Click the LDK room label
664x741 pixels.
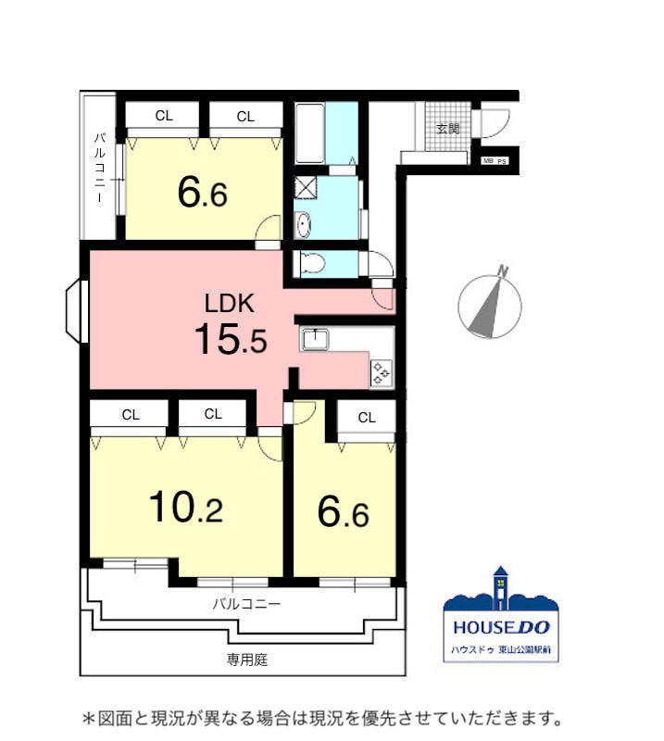pyautogui.click(x=230, y=304)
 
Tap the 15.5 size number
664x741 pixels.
pyautogui.click(x=231, y=338)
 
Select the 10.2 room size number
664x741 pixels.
pyautogui.click(x=186, y=507)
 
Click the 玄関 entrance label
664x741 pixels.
pyautogui.click(x=447, y=128)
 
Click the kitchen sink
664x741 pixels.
pyautogui.click(x=316, y=339)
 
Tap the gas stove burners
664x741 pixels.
pyautogui.click(x=381, y=373)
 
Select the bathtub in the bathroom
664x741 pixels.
pyautogui.click(x=309, y=132)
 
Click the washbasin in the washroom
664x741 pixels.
pyautogui.click(x=303, y=225)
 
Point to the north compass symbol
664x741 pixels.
pyautogui.click(x=490, y=304)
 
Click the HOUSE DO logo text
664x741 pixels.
pyautogui.click(x=501, y=627)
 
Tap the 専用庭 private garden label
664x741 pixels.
pyautogui.click(x=247, y=659)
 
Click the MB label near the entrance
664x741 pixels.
pyautogui.click(x=488, y=160)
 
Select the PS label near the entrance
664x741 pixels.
pyautogui.click(x=501, y=161)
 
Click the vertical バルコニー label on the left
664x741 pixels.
pyautogui.click(x=99, y=168)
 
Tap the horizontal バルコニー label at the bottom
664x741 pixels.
pyautogui.click(x=246, y=604)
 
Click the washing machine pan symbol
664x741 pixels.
pyautogui.click(x=306, y=187)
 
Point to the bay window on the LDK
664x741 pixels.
pyautogui.click(x=77, y=310)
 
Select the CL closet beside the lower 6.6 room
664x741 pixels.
pyautogui.click(x=367, y=418)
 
